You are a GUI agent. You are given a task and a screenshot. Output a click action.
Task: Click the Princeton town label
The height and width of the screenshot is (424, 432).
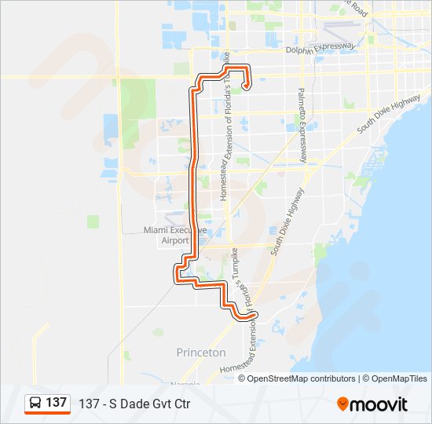tap(201, 353)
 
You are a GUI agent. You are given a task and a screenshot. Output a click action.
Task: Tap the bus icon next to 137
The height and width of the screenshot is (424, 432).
tap(35, 403)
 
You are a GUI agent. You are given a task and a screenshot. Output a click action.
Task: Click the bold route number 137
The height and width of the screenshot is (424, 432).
tap(56, 403)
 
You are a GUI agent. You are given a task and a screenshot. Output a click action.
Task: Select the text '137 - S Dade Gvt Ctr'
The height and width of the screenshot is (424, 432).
tap(134, 404)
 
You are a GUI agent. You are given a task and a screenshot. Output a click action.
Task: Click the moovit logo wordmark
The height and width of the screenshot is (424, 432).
tap(379, 404)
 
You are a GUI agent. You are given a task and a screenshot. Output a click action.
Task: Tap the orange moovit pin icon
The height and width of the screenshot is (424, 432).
tap(343, 404)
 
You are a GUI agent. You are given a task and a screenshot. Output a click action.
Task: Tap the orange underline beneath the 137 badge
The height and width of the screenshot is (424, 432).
tap(47, 413)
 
